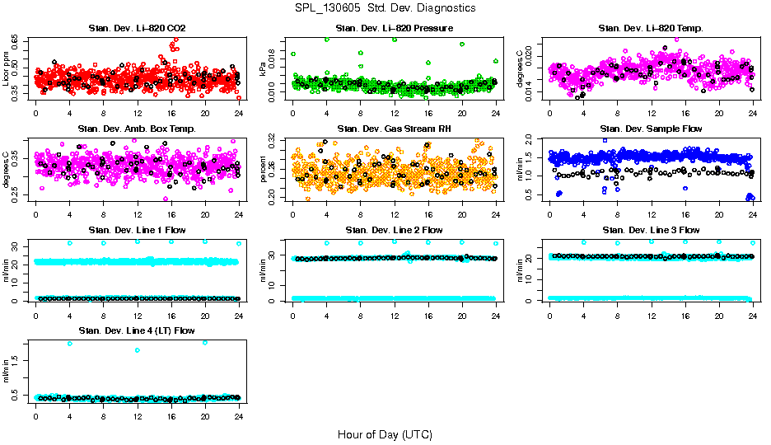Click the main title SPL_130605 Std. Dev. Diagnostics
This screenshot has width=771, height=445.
(x=385, y=7)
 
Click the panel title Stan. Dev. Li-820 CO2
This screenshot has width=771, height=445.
(x=137, y=28)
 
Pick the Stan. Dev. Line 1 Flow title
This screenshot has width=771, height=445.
(x=137, y=230)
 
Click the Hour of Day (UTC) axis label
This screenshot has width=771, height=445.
(x=385, y=433)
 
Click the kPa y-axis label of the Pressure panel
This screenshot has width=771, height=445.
(x=264, y=70)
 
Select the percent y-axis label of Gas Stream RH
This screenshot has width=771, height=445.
(x=264, y=170)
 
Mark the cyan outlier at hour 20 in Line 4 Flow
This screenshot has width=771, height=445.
(x=205, y=342)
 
